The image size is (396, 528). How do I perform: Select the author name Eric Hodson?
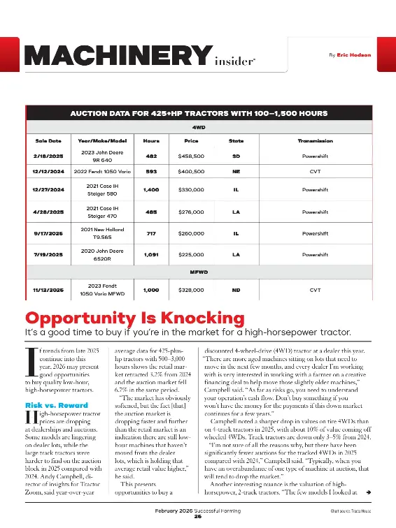coord(355,54)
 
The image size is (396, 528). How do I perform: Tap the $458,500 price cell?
coord(191,157)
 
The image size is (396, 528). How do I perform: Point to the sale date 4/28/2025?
coord(48,211)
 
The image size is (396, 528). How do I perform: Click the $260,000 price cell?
coord(191,233)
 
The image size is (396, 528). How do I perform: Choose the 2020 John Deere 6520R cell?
coord(103,255)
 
